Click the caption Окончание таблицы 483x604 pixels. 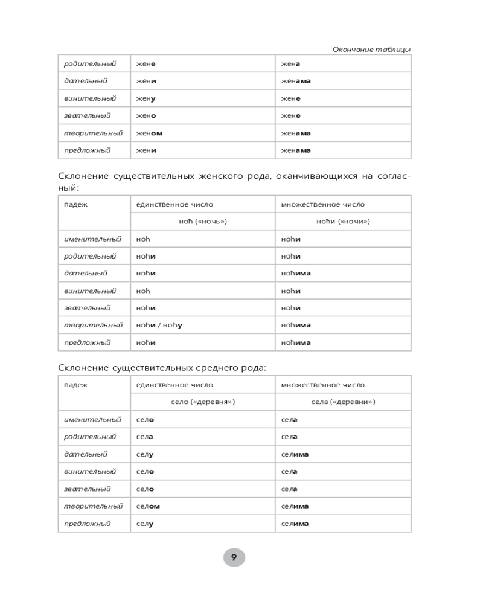point(371,49)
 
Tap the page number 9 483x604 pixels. point(234,557)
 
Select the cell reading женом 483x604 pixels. point(149,133)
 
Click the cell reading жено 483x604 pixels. point(146,115)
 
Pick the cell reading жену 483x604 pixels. point(146,98)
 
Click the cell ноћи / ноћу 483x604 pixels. point(159,325)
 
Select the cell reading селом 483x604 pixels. point(148,506)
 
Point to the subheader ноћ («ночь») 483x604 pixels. point(202,221)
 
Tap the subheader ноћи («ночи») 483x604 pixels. point(342,221)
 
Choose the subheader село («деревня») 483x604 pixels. point(202,401)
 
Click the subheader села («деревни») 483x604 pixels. point(342,401)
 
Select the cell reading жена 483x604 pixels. point(290,64)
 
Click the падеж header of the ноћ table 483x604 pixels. point(76,204)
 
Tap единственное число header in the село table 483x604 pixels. point(174,385)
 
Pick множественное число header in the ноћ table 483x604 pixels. point(322,204)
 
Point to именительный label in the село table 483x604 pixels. point(92,419)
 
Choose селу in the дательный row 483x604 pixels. point(145,454)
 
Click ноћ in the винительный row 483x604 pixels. point(142,291)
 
